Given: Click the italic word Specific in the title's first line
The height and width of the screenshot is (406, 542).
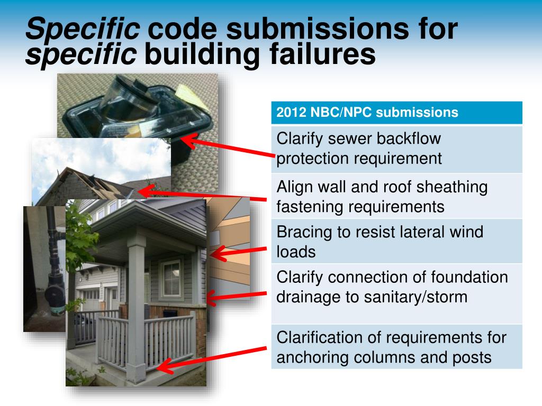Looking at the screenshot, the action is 83,29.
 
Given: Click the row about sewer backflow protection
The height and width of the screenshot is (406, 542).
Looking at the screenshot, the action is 396,149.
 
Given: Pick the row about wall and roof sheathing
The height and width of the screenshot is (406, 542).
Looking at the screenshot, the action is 396,196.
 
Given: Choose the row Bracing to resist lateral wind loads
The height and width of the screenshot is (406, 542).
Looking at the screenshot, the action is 396,241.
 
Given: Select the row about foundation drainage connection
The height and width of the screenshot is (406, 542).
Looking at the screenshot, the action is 396,293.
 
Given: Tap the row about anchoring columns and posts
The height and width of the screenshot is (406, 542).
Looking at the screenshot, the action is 396,347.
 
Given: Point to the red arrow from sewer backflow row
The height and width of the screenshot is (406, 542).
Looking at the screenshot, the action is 228,146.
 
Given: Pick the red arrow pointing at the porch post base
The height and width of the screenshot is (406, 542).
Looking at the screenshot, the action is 212,357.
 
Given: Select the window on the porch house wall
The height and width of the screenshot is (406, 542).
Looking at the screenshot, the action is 171,278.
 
